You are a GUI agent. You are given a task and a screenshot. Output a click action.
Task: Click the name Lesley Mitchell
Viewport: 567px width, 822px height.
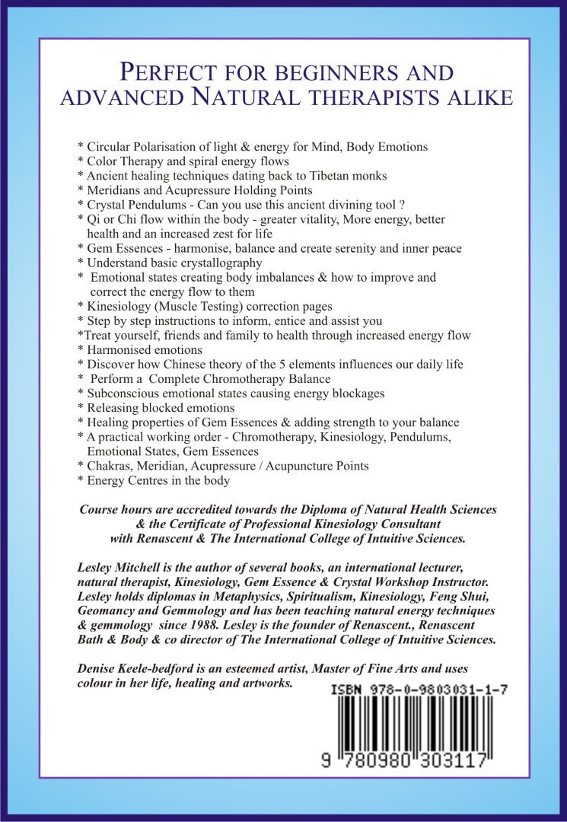[x=122, y=567]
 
